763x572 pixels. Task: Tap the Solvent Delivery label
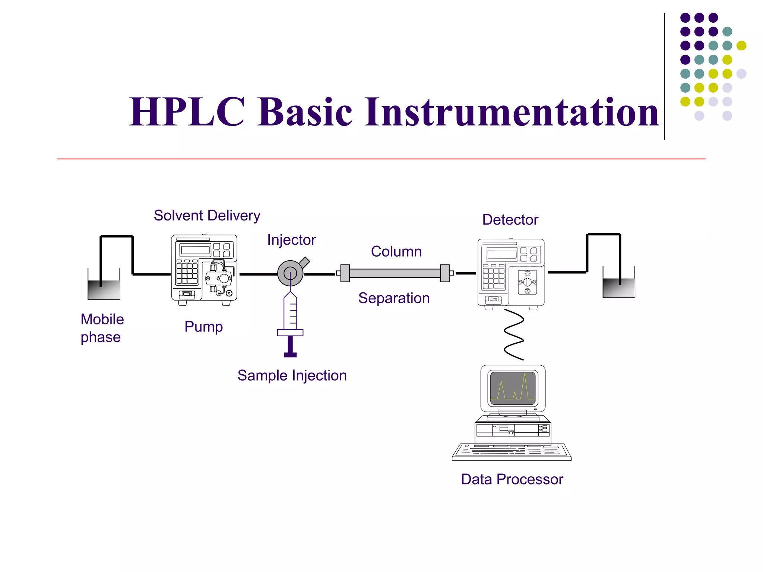coord(207,216)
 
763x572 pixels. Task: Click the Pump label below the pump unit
coord(203,327)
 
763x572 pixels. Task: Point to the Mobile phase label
coord(102,328)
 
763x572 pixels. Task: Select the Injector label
coord(291,240)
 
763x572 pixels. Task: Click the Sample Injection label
coord(292,375)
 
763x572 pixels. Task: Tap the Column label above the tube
coord(396,252)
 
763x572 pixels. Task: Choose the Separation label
coord(394,298)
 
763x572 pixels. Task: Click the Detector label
coord(510,220)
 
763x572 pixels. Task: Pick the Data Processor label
coord(512,479)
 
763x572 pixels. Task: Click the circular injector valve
coord(290,273)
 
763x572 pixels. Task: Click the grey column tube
coord(395,273)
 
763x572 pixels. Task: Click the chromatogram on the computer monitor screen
coord(513,388)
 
